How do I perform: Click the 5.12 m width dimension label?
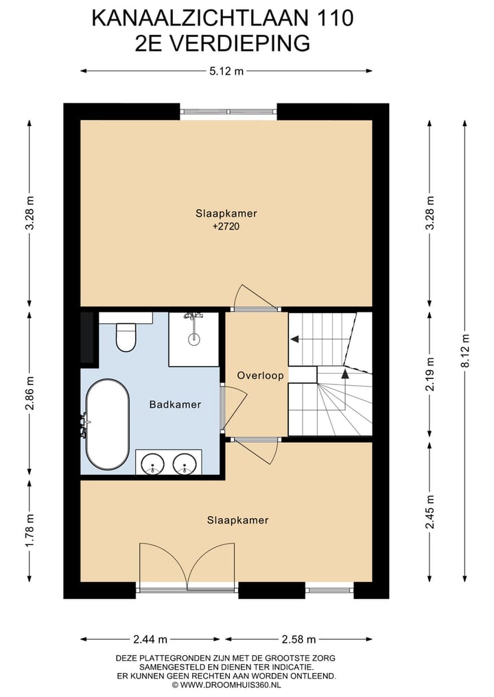pos(226,71)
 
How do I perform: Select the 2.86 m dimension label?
pos(30,393)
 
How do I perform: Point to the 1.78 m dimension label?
pos(30,530)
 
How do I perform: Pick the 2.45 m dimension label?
pos(430,512)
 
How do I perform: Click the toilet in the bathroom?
pos(126,337)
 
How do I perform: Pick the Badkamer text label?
pos(175,404)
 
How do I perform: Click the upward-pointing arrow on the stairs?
pos(344,374)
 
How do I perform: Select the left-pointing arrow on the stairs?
pos(294,339)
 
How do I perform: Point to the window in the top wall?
pos(228,112)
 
